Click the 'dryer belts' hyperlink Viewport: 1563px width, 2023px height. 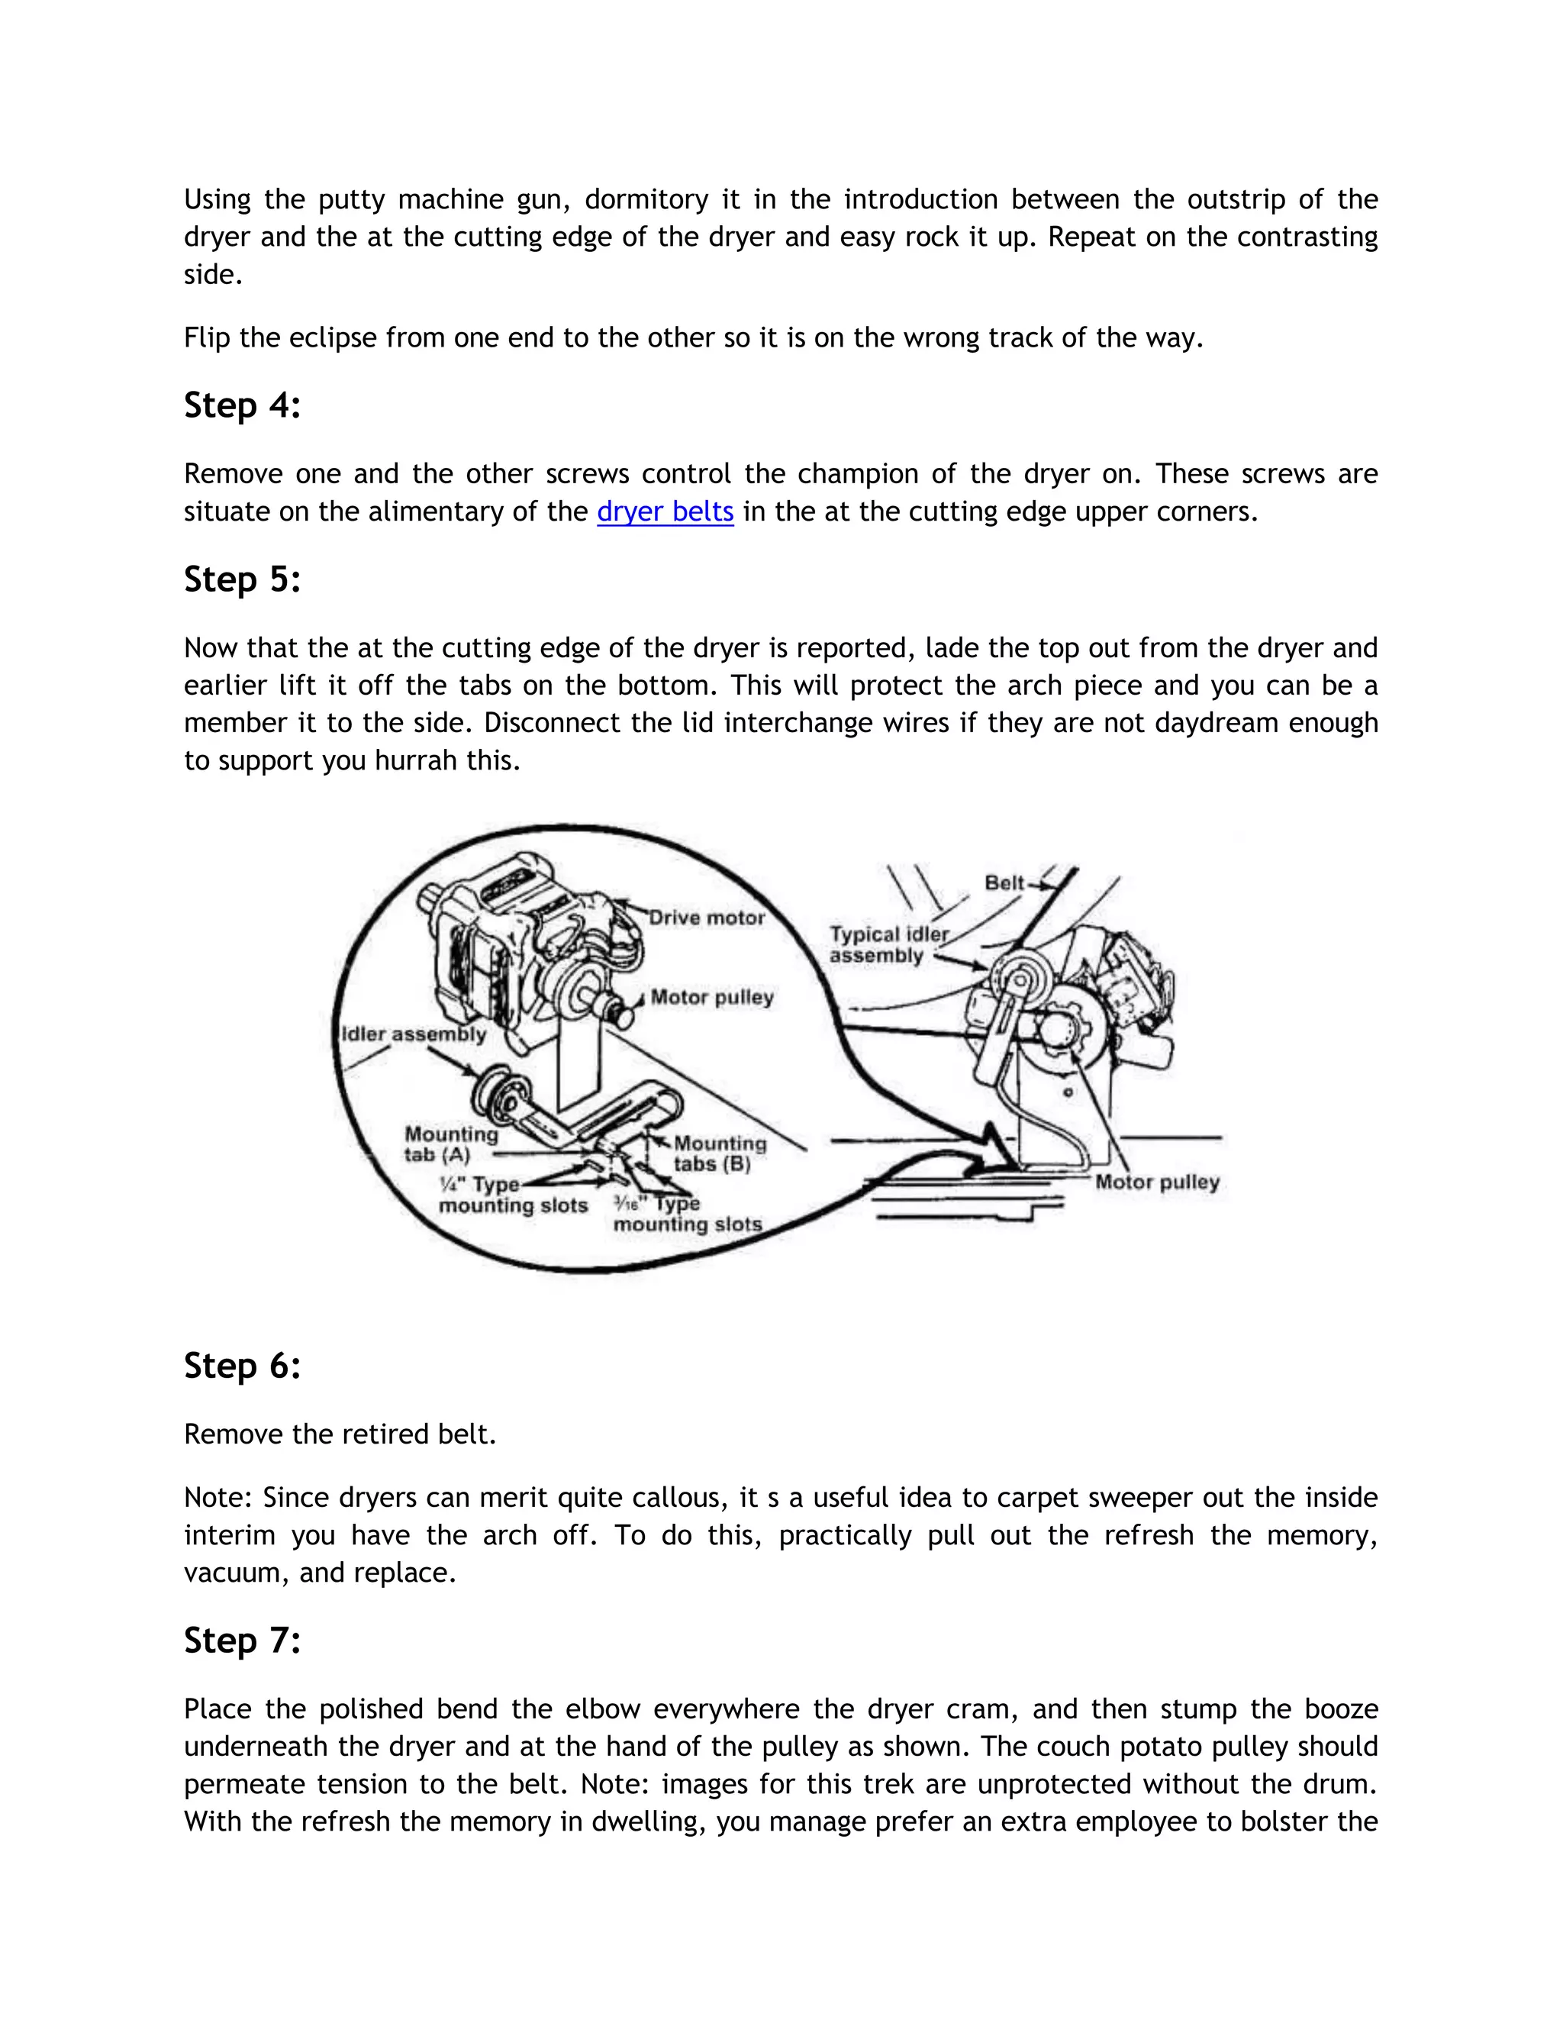665,511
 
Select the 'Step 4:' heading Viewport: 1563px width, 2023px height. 243,405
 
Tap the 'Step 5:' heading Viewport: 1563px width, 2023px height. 243,580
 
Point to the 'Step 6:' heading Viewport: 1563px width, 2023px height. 243,1366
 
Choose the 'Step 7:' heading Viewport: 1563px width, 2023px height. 243,1641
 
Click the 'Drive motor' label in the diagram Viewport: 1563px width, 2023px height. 707,918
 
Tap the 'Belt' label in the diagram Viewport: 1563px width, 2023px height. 1004,882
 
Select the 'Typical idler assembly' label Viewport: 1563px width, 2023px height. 886,945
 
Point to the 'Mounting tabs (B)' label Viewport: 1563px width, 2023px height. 718,1154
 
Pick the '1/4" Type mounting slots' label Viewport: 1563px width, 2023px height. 511,1195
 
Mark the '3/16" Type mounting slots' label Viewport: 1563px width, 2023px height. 685,1215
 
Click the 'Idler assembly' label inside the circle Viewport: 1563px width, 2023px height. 414,1034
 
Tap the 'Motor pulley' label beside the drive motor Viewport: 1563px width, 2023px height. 711,998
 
